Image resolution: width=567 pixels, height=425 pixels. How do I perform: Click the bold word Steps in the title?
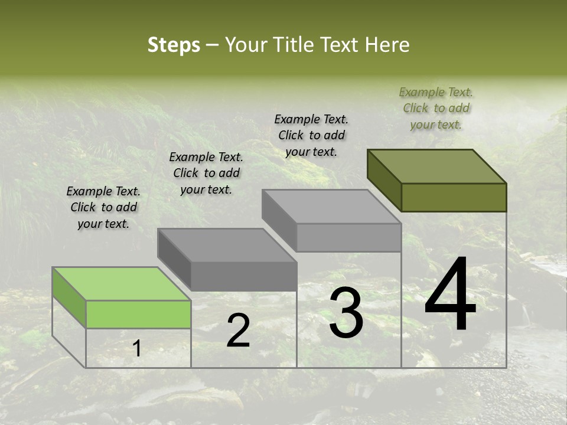click(174, 45)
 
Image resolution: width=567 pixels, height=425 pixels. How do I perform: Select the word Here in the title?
click(387, 45)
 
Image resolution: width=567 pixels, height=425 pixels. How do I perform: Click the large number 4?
click(450, 295)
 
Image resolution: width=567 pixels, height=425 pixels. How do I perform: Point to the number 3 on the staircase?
click(346, 313)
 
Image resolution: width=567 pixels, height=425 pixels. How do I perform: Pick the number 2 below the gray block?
click(238, 331)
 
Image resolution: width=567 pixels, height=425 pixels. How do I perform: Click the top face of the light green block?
click(121, 283)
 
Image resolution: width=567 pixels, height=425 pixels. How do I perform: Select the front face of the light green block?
click(138, 314)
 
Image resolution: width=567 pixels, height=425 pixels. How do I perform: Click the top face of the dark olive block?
click(437, 166)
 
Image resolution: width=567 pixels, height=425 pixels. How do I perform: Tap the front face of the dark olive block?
click(454, 197)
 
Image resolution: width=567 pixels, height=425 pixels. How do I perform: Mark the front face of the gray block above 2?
click(243, 276)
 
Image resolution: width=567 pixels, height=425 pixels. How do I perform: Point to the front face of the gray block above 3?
click(348, 237)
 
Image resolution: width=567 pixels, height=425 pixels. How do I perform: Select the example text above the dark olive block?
click(436, 109)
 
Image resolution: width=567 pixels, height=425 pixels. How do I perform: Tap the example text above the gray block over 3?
click(311, 135)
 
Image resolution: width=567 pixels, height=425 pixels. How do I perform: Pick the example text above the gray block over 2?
click(206, 173)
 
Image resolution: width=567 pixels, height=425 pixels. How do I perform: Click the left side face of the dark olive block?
click(384, 179)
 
